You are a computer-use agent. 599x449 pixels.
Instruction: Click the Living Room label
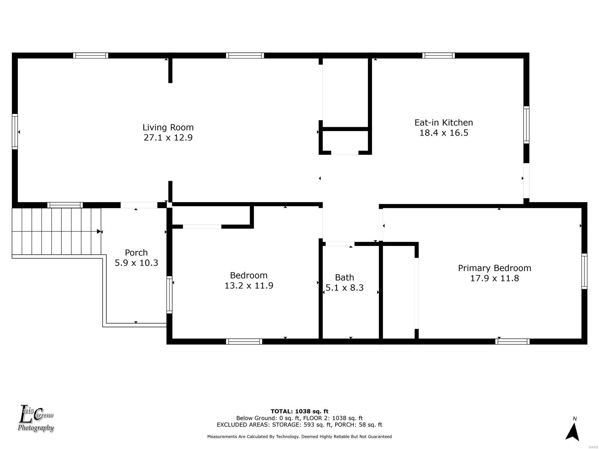[168, 127]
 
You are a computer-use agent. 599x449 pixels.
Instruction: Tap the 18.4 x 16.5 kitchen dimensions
[444, 133]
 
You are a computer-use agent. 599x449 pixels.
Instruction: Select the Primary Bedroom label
[494, 268]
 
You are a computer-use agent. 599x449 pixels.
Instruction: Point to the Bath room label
[344, 277]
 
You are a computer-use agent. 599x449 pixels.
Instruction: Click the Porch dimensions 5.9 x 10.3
[136, 263]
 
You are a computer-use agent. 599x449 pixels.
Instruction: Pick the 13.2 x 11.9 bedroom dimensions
[249, 285]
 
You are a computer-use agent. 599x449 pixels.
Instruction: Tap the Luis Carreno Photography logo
[36, 418]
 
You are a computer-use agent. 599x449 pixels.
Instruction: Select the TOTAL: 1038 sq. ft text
[299, 411]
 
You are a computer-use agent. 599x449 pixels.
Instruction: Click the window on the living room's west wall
[15, 132]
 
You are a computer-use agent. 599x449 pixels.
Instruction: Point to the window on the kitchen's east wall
[526, 125]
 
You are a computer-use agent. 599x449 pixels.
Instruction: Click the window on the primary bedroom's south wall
[512, 341]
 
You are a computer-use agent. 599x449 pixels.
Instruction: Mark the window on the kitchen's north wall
[438, 56]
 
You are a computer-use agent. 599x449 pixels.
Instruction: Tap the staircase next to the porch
[57, 231]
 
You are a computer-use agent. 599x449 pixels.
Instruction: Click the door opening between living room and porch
[139, 205]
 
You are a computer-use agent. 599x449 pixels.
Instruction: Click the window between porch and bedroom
[170, 294]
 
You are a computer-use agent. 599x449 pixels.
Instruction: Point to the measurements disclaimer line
[299, 436]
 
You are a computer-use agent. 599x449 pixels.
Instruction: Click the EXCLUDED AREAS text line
[299, 424]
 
